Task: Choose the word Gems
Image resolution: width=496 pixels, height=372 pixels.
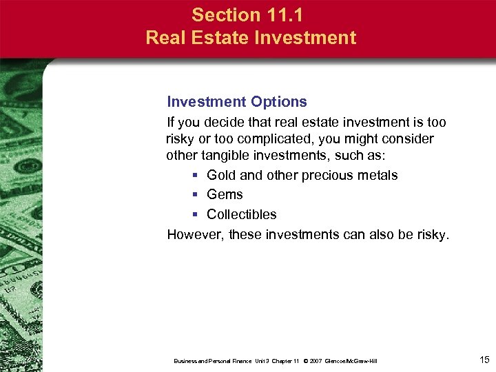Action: pyautogui.click(x=225, y=195)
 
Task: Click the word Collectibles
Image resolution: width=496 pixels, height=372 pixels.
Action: pyautogui.click(x=241, y=214)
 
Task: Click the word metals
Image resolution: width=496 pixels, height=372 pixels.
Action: pyautogui.click(x=378, y=175)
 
